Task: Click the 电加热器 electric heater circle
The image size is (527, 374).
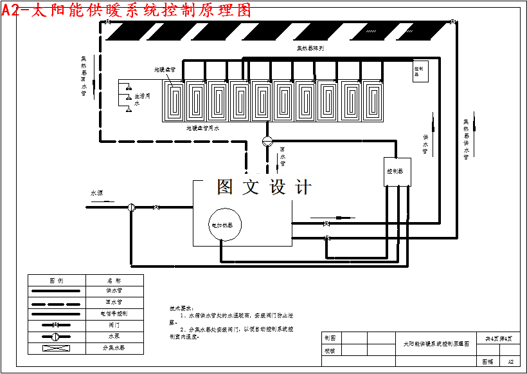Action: pos(224,225)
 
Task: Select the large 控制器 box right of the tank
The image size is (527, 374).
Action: pos(397,172)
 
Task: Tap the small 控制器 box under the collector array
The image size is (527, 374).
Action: pos(420,71)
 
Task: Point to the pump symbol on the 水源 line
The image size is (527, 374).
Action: pos(131,207)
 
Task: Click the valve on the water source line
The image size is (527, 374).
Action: pos(156,207)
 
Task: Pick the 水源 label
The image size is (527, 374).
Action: pos(97,192)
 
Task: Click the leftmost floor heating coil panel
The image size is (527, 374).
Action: pos(174,100)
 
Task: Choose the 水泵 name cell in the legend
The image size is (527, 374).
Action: pos(114,337)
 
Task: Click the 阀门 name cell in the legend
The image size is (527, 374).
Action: pos(114,325)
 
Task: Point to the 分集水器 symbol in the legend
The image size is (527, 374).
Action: pos(56,348)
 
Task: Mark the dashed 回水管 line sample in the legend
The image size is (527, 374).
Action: pos(56,302)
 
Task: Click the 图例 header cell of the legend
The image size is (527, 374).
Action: pos(56,280)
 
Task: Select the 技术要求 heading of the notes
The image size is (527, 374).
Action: pos(177,308)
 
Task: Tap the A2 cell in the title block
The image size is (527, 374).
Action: pos(510,362)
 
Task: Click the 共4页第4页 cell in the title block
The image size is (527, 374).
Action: pos(499,338)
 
